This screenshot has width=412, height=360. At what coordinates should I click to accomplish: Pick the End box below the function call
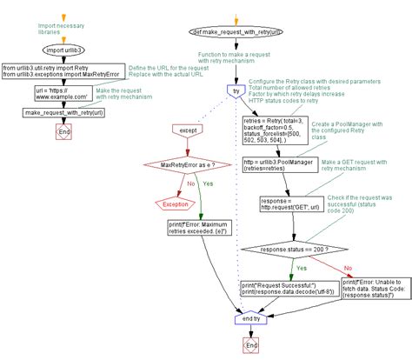(62, 131)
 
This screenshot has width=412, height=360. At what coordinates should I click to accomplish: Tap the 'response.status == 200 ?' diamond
(294, 249)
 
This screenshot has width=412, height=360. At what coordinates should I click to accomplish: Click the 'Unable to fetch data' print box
(369, 288)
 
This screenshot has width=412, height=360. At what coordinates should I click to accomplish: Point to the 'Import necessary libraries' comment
(62, 30)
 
